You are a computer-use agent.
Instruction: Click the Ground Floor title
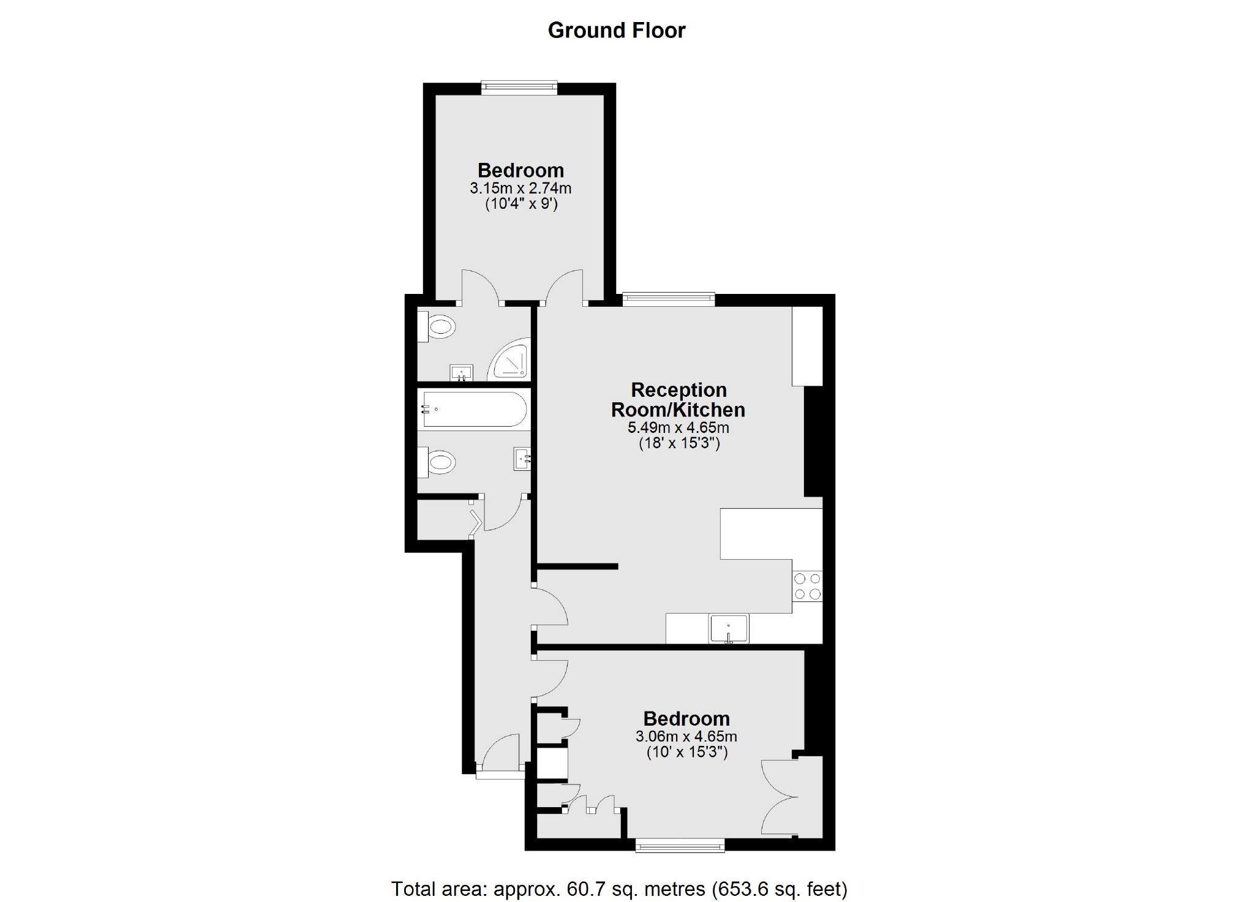point(617,30)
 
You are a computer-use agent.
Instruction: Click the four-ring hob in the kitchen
point(807,586)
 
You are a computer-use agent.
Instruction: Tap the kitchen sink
point(728,629)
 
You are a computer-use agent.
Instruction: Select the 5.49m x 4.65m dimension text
point(679,427)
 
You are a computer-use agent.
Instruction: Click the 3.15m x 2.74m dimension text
point(520,188)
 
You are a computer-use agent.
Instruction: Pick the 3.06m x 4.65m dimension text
point(686,736)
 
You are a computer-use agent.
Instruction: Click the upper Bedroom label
point(520,170)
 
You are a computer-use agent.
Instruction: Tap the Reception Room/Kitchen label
point(678,399)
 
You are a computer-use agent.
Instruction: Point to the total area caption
point(619,888)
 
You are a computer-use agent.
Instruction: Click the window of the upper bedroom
point(519,88)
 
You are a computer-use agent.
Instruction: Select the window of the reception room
point(669,299)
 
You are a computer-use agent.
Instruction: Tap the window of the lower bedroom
point(680,847)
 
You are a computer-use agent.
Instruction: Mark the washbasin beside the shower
point(460,372)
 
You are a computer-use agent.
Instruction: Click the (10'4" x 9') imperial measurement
point(521,205)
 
